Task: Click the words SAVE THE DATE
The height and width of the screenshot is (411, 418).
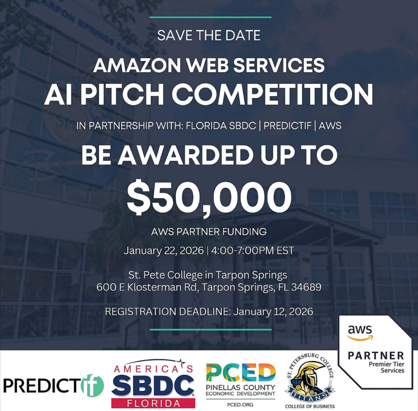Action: click(x=209, y=35)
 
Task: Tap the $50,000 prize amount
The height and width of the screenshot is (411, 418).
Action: click(x=209, y=197)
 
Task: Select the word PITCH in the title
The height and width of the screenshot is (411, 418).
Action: click(x=123, y=94)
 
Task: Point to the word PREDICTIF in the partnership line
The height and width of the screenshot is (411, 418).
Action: click(x=287, y=126)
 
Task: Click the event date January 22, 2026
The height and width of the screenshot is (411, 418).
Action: click(x=163, y=251)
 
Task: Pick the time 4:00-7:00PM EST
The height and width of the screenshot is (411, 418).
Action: click(x=252, y=251)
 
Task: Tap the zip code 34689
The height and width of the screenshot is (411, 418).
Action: click(x=306, y=287)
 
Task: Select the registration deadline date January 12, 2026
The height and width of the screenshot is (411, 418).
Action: click(x=273, y=311)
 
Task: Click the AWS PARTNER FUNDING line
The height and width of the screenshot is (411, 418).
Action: click(x=209, y=231)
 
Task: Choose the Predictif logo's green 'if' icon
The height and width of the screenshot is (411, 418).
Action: click(x=92, y=385)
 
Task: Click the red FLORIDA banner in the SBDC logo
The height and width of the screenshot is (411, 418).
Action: click(x=153, y=403)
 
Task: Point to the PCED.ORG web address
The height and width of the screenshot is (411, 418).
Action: click(x=240, y=404)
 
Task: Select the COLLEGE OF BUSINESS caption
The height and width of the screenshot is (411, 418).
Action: click(x=310, y=407)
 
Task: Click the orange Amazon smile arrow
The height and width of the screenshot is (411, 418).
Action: click(x=360, y=338)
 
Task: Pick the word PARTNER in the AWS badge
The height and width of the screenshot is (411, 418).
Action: click(x=376, y=355)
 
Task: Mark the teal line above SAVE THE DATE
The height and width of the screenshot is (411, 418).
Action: click(x=211, y=17)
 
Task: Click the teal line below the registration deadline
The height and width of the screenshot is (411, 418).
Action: click(x=211, y=330)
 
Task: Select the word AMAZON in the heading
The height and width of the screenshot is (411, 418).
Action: click(x=137, y=65)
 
